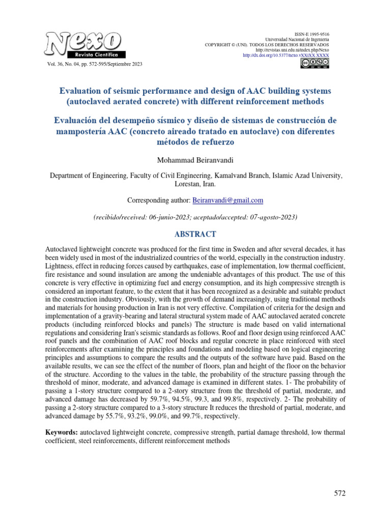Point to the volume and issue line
(x=94, y=64)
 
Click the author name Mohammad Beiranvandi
(x=195, y=160)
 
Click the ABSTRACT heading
(x=195, y=234)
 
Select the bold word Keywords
(x=62, y=432)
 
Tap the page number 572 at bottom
(x=340, y=493)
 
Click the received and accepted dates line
(x=195, y=217)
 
